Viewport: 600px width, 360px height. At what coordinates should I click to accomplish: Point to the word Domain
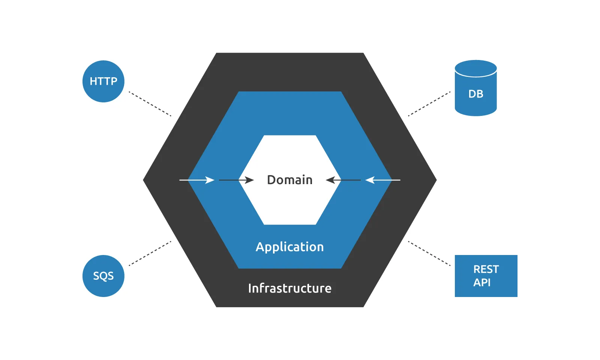[289, 180]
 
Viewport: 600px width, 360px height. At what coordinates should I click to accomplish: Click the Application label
[289, 247]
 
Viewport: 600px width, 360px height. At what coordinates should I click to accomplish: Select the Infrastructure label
[289, 288]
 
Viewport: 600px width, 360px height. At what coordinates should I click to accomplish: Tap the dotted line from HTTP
[150, 104]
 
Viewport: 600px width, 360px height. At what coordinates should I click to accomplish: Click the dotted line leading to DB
[429, 104]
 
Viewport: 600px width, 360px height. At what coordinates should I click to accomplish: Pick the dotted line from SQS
[150, 253]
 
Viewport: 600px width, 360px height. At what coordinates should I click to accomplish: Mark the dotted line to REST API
[429, 253]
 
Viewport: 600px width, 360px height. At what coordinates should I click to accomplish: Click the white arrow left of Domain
[197, 180]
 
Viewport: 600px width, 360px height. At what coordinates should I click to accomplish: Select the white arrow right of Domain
[382, 180]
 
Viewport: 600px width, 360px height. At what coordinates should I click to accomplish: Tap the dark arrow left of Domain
[236, 180]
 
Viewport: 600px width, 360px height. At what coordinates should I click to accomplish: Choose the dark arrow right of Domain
[343, 180]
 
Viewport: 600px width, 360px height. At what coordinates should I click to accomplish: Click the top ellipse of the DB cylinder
[475, 68]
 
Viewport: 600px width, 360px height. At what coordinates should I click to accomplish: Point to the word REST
[486, 269]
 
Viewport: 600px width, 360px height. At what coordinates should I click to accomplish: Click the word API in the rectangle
[482, 282]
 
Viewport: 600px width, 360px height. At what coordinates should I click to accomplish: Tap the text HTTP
[103, 81]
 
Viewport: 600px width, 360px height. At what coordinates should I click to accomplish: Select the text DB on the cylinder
[475, 94]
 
